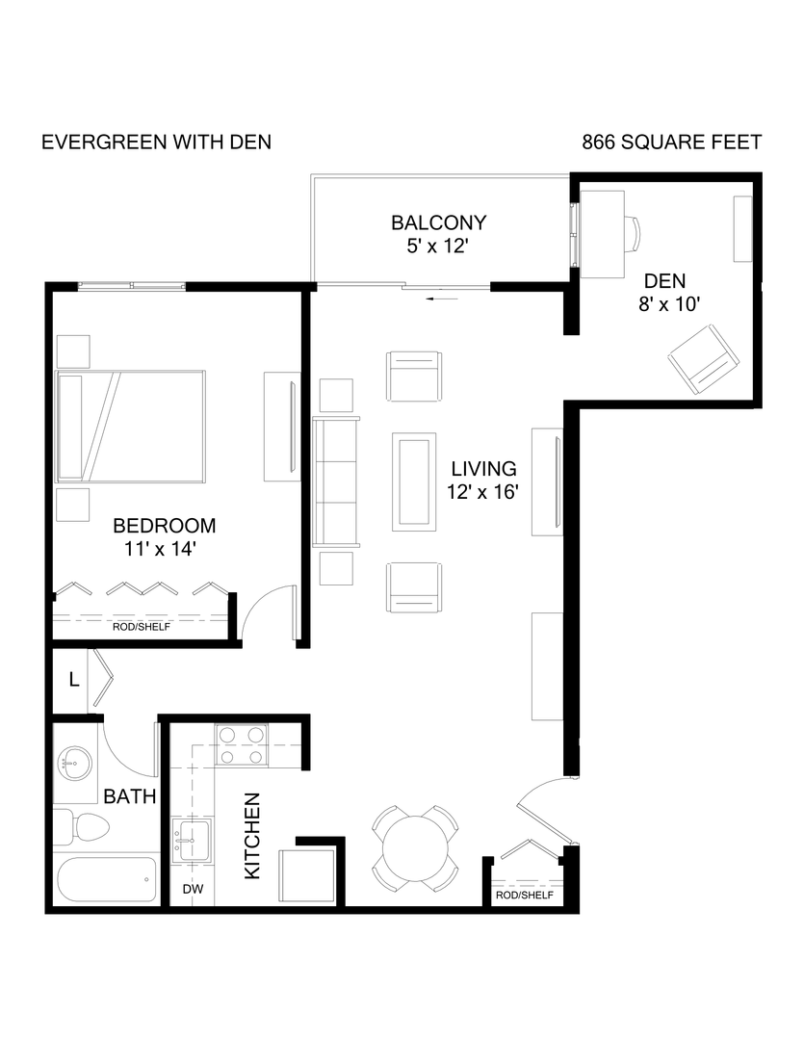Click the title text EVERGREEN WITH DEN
(x=156, y=143)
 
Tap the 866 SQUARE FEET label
(x=671, y=143)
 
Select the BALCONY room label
(x=438, y=222)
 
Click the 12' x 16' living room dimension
(x=485, y=492)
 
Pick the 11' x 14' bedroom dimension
(x=164, y=549)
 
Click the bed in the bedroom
(x=131, y=425)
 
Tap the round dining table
(x=415, y=845)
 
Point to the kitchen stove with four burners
(x=241, y=745)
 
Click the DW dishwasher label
(x=193, y=890)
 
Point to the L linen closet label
(x=73, y=680)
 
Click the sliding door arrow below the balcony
(x=443, y=299)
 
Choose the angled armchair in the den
(x=704, y=358)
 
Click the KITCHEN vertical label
(x=252, y=835)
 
